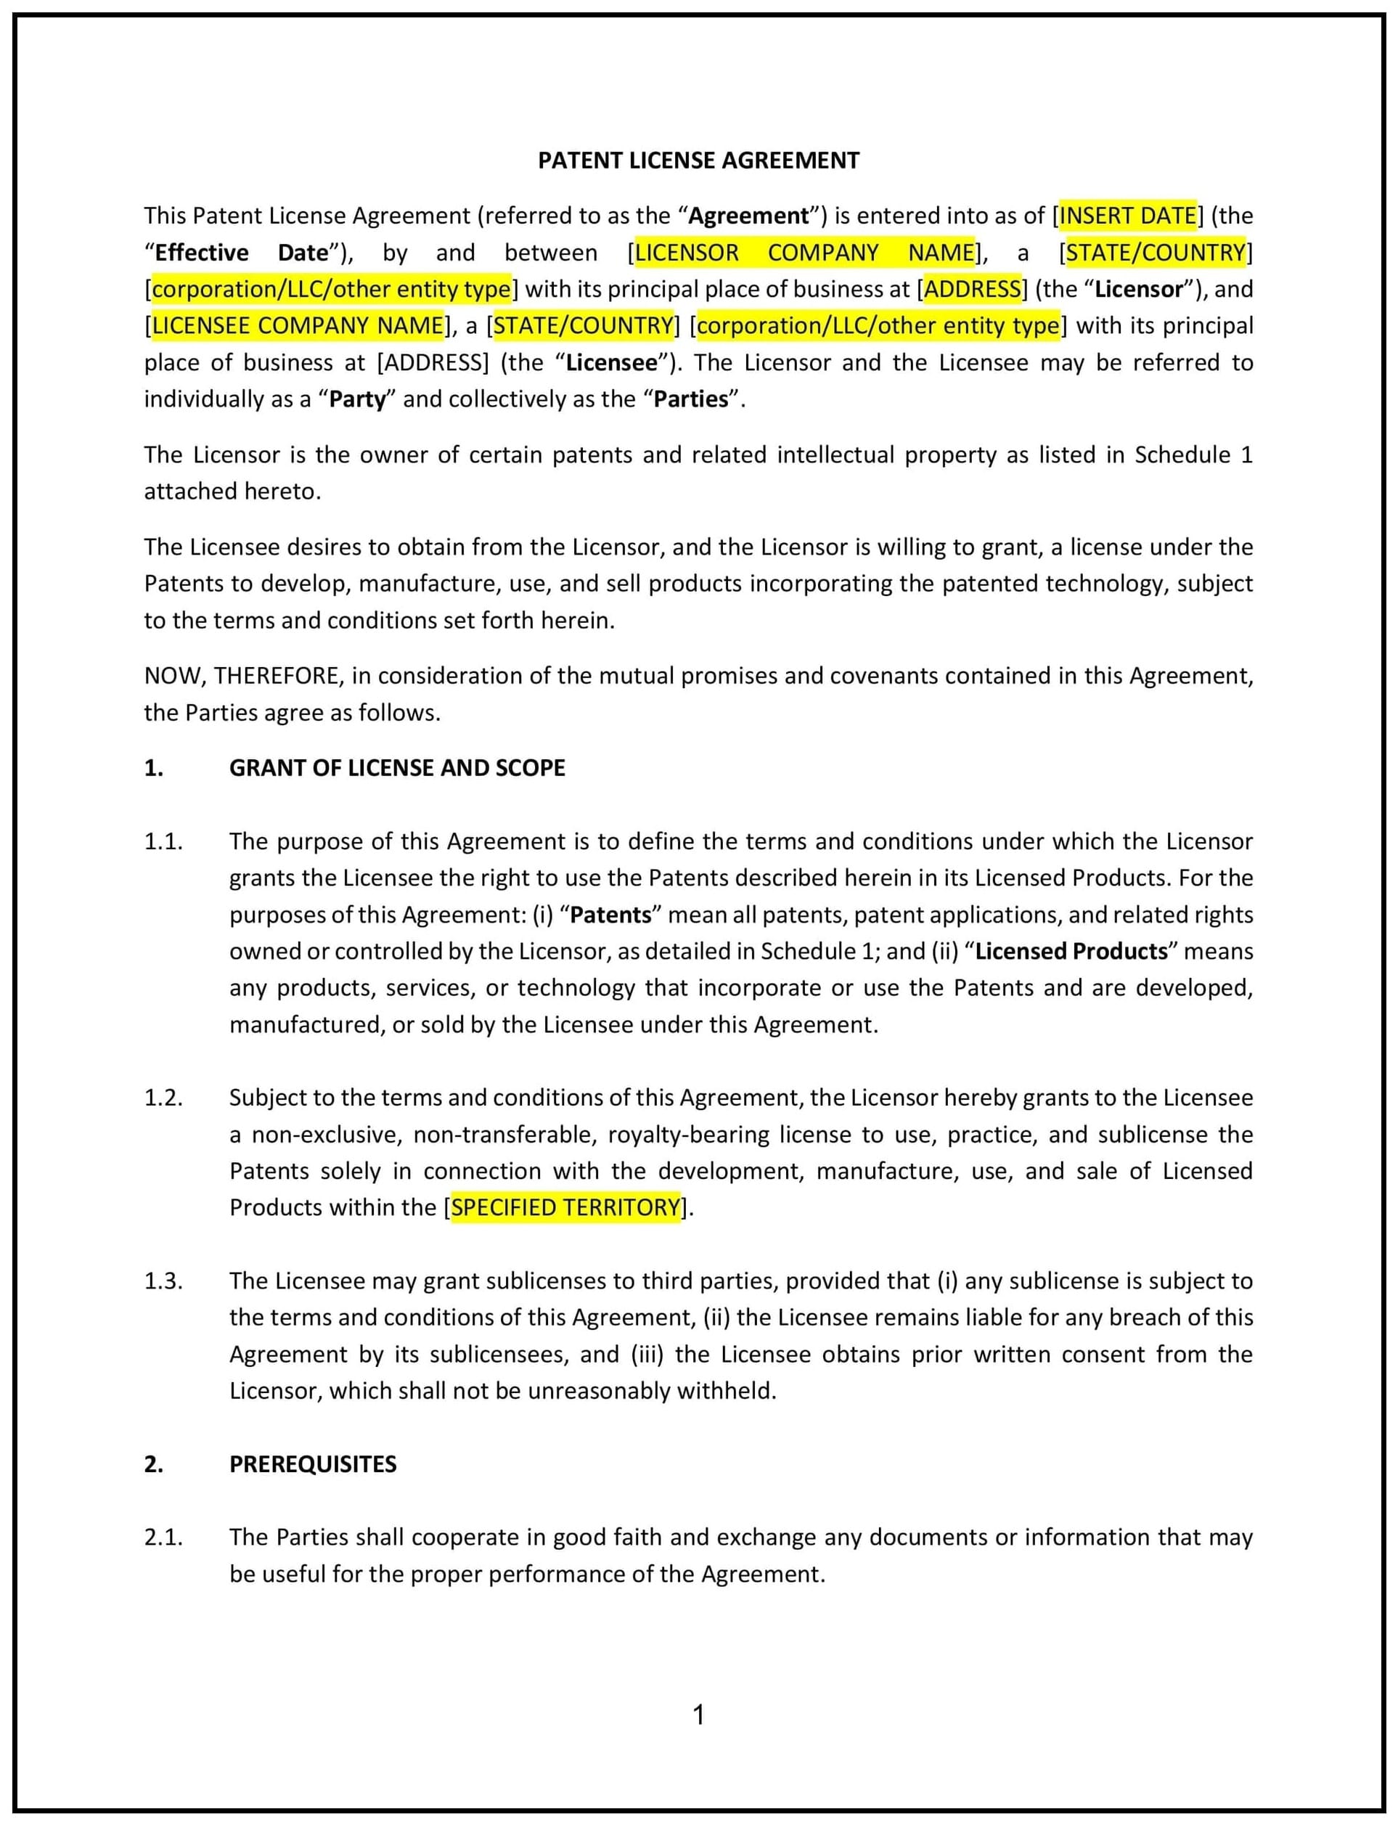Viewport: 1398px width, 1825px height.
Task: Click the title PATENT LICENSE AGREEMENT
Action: click(x=698, y=160)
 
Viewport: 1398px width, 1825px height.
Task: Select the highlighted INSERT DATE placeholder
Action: click(x=1127, y=216)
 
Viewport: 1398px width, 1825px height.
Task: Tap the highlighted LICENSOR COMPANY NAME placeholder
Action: click(x=805, y=252)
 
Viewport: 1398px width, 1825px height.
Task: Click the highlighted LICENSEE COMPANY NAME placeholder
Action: click(x=298, y=325)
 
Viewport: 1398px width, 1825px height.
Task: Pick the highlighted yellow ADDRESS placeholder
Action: click(x=972, y=289)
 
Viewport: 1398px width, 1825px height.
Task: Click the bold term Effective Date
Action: click(x=241, y=252)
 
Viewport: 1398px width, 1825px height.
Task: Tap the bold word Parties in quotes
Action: click(x=691, y=399)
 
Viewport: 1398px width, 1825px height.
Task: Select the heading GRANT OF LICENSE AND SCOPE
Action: click(x=397, y=767)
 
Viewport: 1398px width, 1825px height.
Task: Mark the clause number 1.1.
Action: click(x=163, y=841)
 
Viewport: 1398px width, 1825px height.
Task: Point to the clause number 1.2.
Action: click(x=163, y=1098)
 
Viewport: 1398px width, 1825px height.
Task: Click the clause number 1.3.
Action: click(x=163, y=1281)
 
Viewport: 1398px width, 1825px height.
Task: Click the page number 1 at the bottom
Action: click(x=699, y=1715)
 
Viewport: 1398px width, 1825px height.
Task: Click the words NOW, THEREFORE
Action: click(x=243, y=676)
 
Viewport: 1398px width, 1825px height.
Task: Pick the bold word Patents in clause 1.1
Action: click(x=610, y=915)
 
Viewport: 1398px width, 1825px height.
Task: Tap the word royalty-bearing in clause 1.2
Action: click(x=688, y=1135)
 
